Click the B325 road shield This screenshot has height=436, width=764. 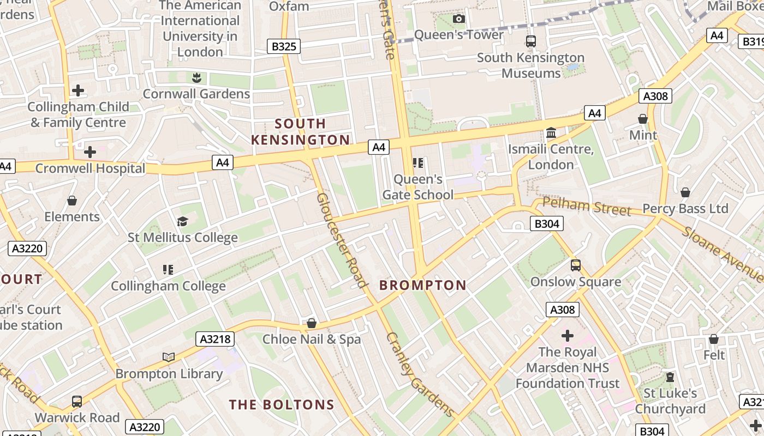point(284,46)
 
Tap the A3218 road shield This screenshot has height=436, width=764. point(216,339)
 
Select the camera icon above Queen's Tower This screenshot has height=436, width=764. point(459,19)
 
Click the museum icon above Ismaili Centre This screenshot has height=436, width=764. point(551,133)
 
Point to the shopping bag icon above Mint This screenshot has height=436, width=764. point(643,119)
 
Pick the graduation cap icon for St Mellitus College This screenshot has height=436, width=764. point(182,221)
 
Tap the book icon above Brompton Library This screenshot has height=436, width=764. point(169,358)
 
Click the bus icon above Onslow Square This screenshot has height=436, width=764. point(576,265)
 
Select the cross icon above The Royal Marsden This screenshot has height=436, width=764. point(568,335)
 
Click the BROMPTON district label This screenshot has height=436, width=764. point(423,285)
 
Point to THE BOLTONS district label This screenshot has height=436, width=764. point(281,404)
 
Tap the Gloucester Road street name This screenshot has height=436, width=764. point(341,240)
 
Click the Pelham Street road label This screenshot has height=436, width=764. point(587,207)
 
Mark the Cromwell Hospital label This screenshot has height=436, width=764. point(90,168)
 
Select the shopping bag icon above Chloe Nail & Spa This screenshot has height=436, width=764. point(312,323)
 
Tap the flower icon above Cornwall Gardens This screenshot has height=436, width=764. point(196,78)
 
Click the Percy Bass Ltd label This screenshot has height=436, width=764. point(685,209)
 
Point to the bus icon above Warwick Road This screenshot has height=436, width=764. point(77,402)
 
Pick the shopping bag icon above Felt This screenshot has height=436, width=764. point(714,339)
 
